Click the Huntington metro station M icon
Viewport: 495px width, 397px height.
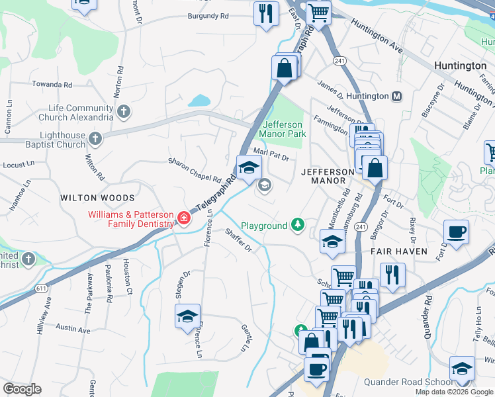point(397,96)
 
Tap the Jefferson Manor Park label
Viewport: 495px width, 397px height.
point(283,129)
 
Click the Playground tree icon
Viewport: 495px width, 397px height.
point(298,226)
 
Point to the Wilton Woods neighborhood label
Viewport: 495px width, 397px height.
point(97,198)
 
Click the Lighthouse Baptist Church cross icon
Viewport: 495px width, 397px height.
point(95,138)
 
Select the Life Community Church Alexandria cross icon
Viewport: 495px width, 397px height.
point(123,112)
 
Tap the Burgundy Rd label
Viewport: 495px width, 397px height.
point(208,15)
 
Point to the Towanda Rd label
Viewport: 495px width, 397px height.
point(50,85)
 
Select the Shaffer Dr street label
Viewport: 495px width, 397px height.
point(238,240)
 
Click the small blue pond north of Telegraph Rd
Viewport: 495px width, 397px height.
point(199,101)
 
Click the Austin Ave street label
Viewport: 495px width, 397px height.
point(73,328)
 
